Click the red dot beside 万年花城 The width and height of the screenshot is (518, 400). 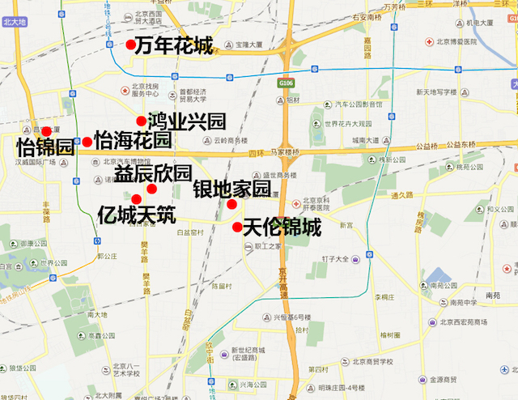[130, 45]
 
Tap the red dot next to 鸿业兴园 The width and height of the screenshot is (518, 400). [142, 121]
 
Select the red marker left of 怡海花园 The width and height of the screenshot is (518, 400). [87, 142]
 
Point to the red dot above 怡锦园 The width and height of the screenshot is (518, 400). [47, 131]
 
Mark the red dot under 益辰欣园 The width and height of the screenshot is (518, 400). [151, 189]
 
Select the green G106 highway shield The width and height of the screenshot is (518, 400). [285, 83]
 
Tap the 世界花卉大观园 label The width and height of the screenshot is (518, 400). [348, 124]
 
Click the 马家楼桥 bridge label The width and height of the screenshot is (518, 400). [290, 151]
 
